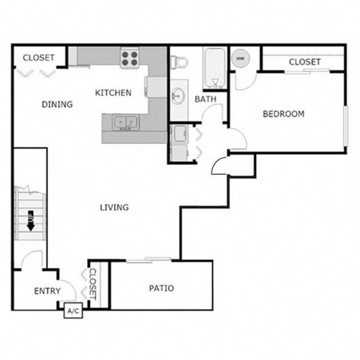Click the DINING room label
click(57, 104)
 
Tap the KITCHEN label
click(113, 93)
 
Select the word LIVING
click(113, 208)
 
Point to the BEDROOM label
click(283, 114)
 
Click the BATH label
click(205, 99)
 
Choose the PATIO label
click(161, 287)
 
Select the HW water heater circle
click(241, 58)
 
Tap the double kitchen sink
click(124, 121)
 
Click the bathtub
click(213, 67)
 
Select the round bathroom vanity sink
click(178, 96)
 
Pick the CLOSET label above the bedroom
click(304, 61)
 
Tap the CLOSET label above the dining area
click(37, 58)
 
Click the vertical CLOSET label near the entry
click(93, 284)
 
